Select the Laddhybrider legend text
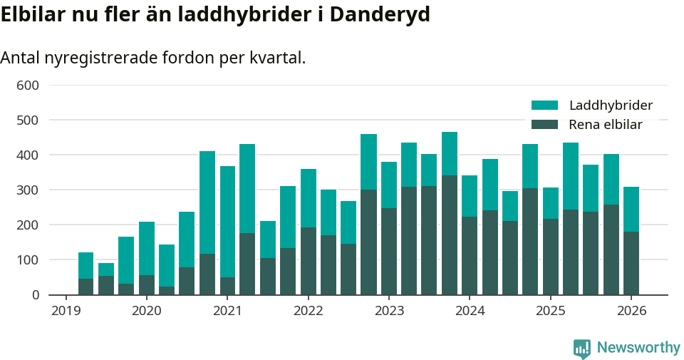point(611,106)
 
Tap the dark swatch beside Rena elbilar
point(545,125)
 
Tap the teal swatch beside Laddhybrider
point(545,106)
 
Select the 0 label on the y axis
point(35,295)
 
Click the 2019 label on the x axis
point(66,311)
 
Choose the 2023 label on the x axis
point(389,311)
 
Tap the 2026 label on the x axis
point(631,311)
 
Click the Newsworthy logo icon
point(582,349)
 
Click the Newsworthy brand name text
point(638,348)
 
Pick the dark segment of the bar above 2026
point(631,263)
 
